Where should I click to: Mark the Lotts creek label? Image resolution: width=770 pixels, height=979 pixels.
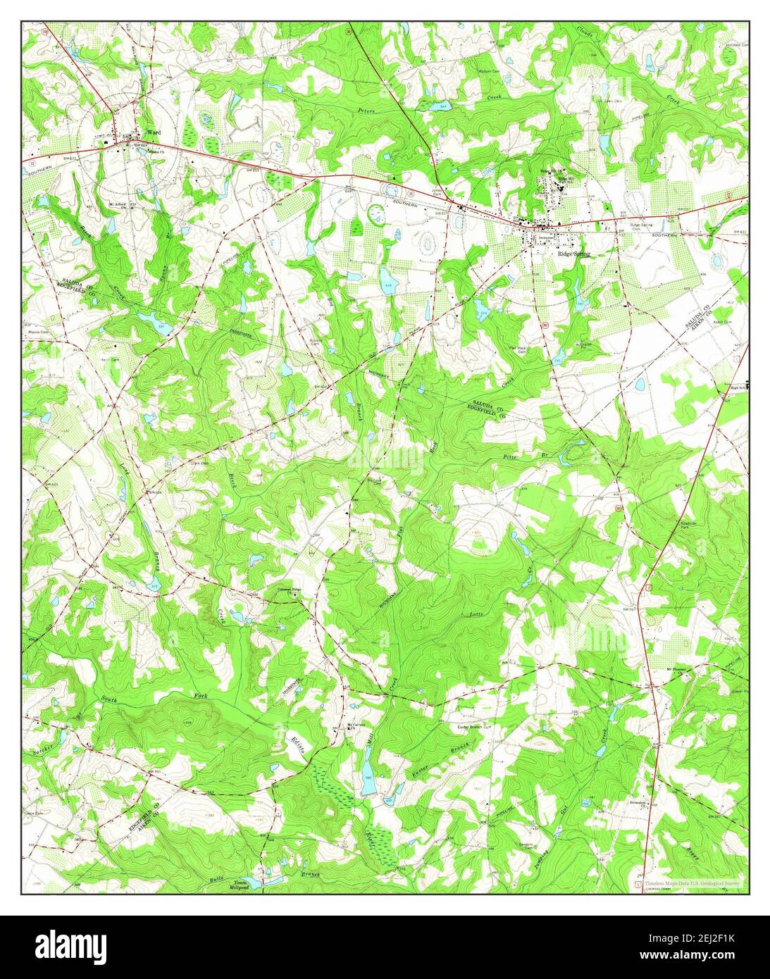point(476,615)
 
